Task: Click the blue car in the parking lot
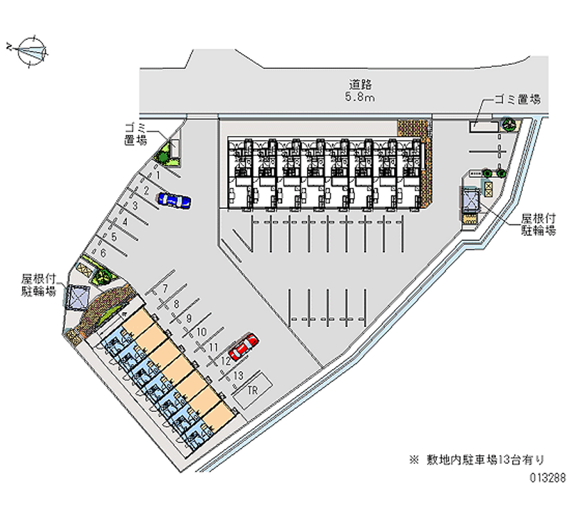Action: (x=174, y=200)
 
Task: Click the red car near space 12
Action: (x=243, y=347)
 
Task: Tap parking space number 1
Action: (x=158, y=174)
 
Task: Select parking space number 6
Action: (x=103, y=252)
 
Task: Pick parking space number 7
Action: (x=165, y=289)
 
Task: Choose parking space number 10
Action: (x=202, y=331)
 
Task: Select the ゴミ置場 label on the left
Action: (x=135, y=134)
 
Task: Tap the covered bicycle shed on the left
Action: (x=76, y=295)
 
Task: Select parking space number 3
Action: (x=135, y=206)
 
